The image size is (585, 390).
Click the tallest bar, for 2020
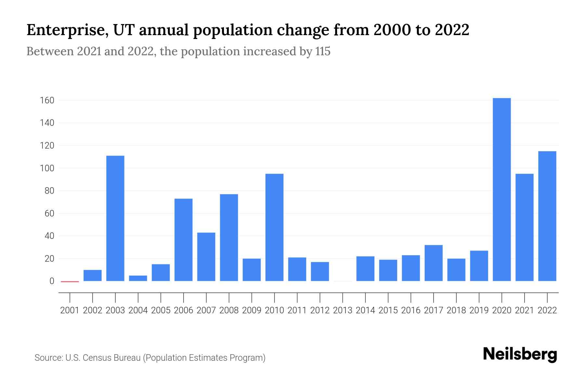pyautogui.click(x=501, y=189)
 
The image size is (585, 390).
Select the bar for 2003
pyautogui.click(x=115, y=218)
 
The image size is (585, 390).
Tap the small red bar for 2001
pyautogui.click(x=70, y=281)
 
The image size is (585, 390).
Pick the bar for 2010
pyautogui.click(x=274, y=227)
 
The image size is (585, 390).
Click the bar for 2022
pyautogui.click(x=547, y=216)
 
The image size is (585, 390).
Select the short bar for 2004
pyautogui.click(x=138, y=278)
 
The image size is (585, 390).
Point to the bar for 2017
pyautogui.click(x=433, y=263)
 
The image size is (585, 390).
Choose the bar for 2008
pyautogui.click(x=229, y=238)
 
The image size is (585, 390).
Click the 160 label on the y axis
pyautogui.click(x=47, y=100)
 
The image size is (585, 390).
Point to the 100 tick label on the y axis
pyautogui.click(x=47, y=168)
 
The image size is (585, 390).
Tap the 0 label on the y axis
pyautogui.click(x=52, y=281)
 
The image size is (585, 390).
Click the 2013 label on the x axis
pyautogui.click(x=343, y=310)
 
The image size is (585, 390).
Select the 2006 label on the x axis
pyautogui.click(x=183, y=310)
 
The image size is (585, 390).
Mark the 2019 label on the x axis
pyautogui.click(x=479, y=310)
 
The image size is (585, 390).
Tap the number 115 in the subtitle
pyautogui.click(x=322, y=51)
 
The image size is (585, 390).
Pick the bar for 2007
pyautogui.click(x=206, y=257)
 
